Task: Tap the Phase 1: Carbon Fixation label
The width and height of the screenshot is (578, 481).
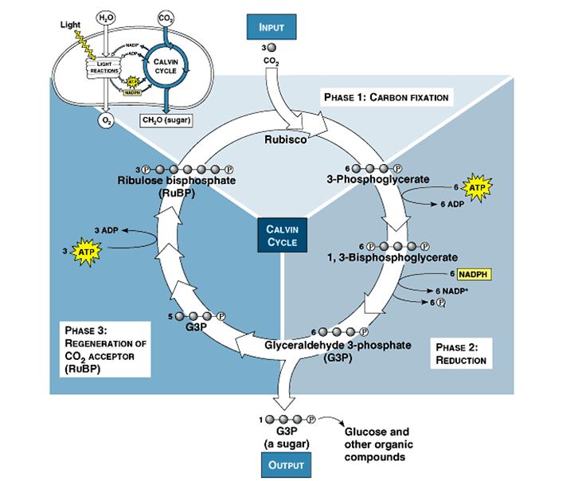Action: [x=386, y=97]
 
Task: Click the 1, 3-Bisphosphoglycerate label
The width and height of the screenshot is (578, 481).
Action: [x=392, y=258]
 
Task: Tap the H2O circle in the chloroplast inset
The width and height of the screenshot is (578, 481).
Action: [x=105, y=17]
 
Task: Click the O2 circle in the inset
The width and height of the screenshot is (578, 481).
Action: [x=107, y=120]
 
